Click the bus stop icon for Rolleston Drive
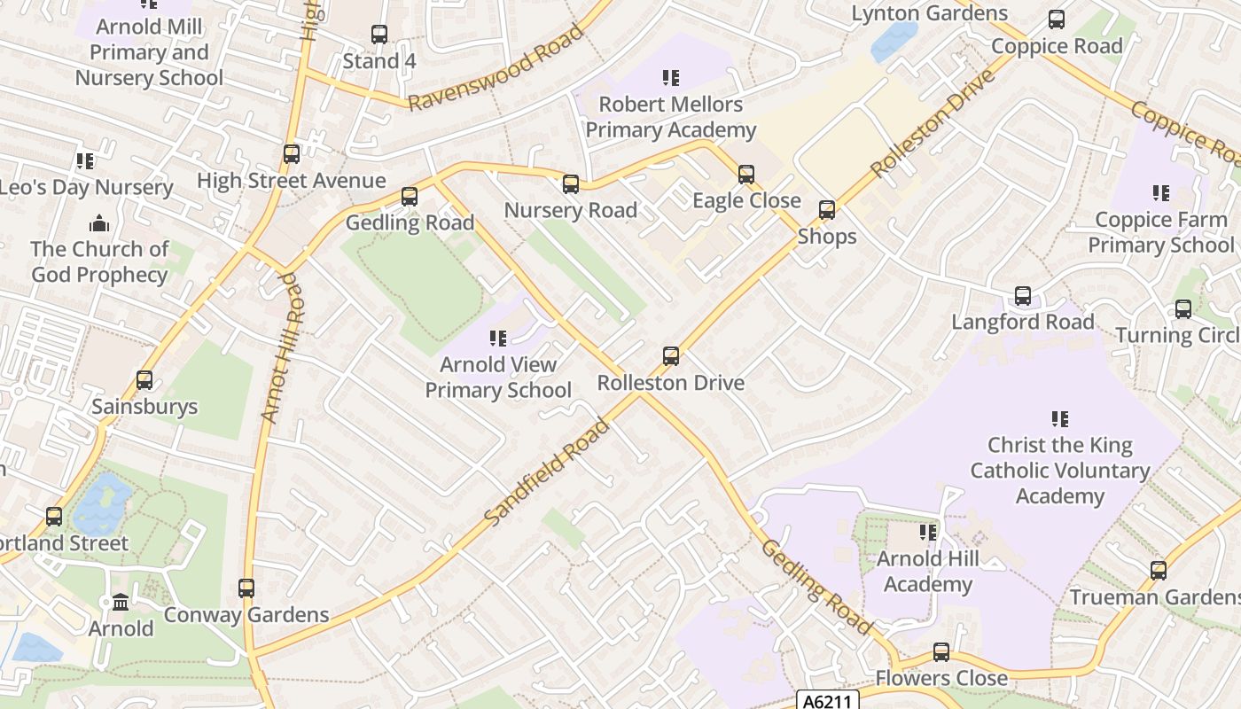click(671, 356)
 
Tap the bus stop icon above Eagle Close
click(746, 175)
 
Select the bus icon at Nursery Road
click(571, 184)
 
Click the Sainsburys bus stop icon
click(144, 380)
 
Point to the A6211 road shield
click(828, 701)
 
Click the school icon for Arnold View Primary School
click(498, 338)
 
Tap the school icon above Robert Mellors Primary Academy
click(671, 78)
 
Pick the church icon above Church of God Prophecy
click(99, 222)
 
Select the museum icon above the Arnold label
click(121, 603)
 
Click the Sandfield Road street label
click(548, 471)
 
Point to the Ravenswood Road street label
click(496, 67)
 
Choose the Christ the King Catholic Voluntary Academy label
click(1059, 470)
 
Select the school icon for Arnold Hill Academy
click(928, 533)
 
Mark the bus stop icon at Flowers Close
click(941, 652)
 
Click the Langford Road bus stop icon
click(1023, 296)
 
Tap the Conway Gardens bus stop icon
click(246, 588)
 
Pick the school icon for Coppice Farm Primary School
click(1160, 192)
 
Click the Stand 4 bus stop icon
click(379, 35)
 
